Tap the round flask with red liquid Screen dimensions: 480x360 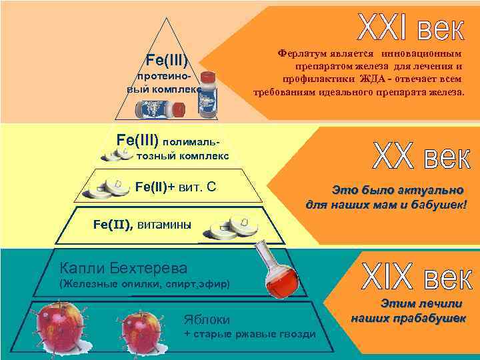pos(279,276)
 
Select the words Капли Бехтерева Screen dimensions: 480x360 pos(123,268)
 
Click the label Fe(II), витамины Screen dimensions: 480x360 pos(141,225)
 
